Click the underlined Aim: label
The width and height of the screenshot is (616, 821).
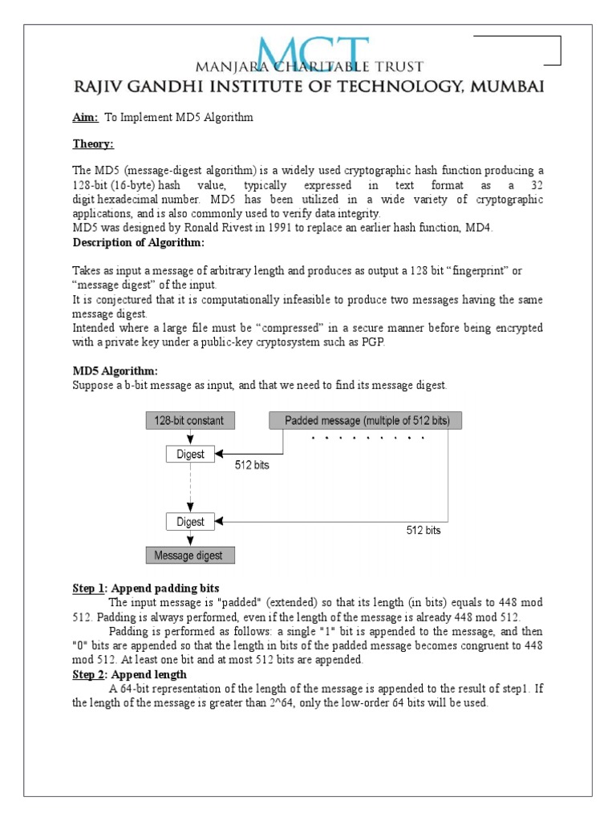click(x=85, y=118)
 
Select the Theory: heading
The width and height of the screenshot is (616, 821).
click(x=93, y=144)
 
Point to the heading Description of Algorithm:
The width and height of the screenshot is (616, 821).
click(x=138, y=243)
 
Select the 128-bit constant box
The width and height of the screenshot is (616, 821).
click(x=189, y=420)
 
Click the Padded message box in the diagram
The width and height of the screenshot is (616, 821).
click(x=366, y=420)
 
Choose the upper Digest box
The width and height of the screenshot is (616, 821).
click(x=190, y=454)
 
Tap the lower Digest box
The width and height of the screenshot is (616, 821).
click(x=190, y=522)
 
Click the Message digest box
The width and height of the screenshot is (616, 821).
click(x=189, y=555)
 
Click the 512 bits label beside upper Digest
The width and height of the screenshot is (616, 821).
click(x=251, y=465)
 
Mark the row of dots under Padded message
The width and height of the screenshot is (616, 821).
click(x=366, y=439)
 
